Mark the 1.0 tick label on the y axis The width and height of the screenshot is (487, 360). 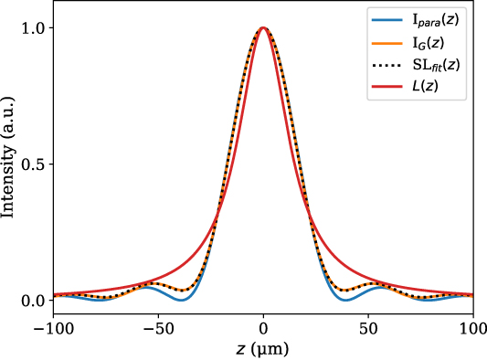(33, 28)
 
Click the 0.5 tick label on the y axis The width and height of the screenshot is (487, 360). (33, 164)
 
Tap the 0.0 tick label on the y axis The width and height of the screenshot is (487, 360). (33, 301)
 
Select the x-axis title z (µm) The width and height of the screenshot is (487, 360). (263, 347)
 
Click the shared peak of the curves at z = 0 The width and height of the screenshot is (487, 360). (263, 28)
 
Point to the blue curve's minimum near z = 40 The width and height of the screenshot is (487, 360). (345, 300)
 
